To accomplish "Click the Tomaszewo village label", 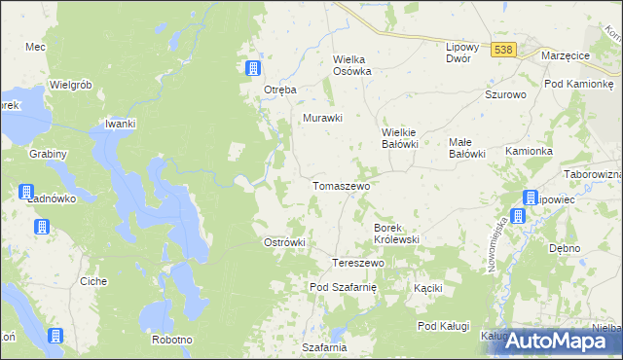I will coord(340,185).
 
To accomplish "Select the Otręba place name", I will coord(279,90).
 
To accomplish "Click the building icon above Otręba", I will coord(252,67).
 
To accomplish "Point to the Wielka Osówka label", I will coord(353,64).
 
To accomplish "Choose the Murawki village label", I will coord(323,118).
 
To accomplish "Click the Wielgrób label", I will coord(70,85).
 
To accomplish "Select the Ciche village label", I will coord(93,281).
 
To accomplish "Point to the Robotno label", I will coord(172,340).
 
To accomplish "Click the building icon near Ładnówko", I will coord(25,193).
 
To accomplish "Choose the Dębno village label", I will coord(565,248).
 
